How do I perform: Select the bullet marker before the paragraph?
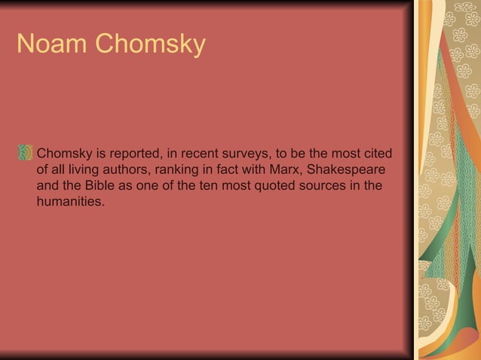[x=26, y=154]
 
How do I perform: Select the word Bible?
[x=107, y=186]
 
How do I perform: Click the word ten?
[x=208, y=186]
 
